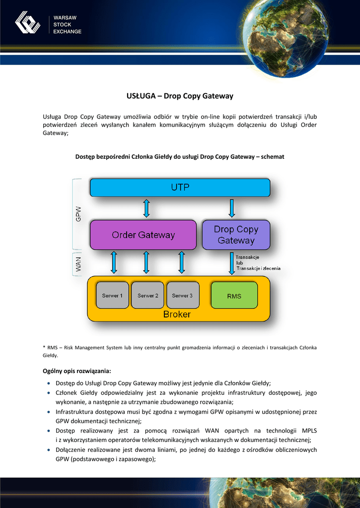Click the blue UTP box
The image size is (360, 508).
pos(180,188)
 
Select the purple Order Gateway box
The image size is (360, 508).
pos(143,235)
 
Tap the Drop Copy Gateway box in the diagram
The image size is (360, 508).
pos(236,235)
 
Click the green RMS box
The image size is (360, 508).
pos(234,296)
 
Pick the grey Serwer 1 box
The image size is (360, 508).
pos(112,296)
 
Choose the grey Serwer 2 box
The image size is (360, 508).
pos(147,296)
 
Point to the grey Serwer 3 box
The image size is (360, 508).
pos(182,296)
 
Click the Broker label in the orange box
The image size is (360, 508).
pos(177,315)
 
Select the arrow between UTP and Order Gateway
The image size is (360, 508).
pos(146,208)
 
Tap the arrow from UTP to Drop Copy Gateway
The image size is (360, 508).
pos(232,208)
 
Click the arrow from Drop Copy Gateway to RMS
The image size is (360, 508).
pos(232,263)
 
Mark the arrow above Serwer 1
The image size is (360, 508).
pos(114,262)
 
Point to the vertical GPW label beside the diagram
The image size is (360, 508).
pos(78,214)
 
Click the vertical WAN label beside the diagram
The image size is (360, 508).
pos(78,264)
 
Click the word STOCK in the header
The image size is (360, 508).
pos(62,25)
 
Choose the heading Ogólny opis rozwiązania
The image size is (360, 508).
pos(77,371)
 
